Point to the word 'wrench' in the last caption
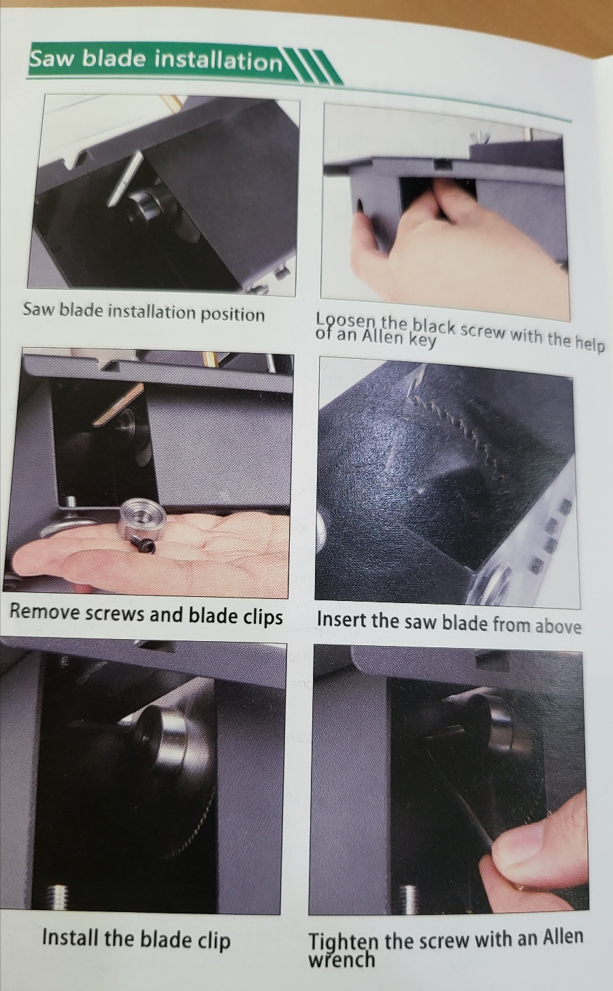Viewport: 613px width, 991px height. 342,959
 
